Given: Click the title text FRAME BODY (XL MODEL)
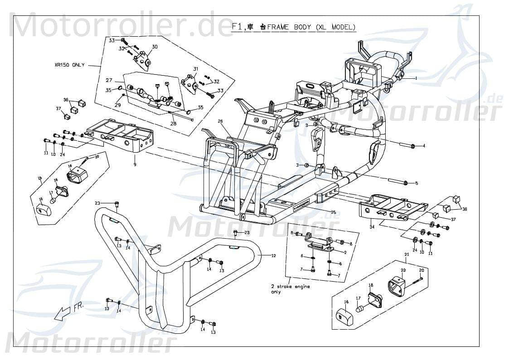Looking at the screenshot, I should (x=311, y=27).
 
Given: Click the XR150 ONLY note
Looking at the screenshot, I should (x=69, y=65).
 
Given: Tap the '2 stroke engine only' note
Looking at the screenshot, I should (x=291, y=289).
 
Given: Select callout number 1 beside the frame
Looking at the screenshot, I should (x=416, y=78).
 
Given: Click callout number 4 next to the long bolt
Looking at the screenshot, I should (x=423, y=146).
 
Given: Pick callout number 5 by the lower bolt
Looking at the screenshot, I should (x=417, y=183).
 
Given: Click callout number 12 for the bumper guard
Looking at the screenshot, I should (x=273, y=256).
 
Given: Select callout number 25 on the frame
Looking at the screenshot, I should (x=333, y=212).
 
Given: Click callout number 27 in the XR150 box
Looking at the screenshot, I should (x=109, y=80).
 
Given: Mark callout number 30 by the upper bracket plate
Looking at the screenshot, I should (x=155, y=47).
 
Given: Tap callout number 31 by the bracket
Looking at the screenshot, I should (x=196, y=69).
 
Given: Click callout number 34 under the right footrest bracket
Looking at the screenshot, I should (x=372, y=226).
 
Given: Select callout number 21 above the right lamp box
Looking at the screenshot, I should (x=407, y=255).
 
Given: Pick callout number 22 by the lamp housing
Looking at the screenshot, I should (x=403, y=270).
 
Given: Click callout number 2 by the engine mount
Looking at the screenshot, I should (x=345, y=252).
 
